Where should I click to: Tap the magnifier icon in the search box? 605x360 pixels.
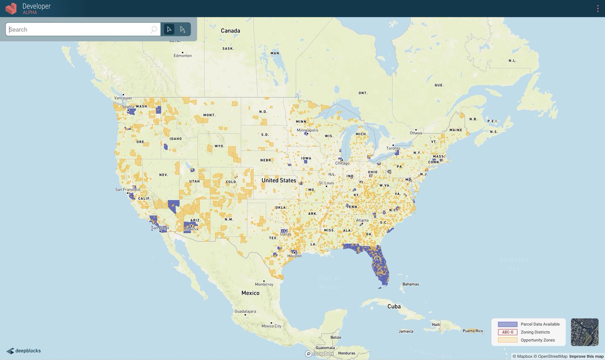[x=154, y=30]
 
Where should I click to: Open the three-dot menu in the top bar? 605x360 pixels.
[x=597, y=9]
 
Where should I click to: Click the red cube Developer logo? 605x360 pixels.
[x=11, y=9]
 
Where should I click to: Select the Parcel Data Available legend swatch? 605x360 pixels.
[x=508, y=324]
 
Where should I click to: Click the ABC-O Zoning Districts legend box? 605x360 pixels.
[x=508, y=332]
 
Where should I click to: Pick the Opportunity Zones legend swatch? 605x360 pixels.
[x=508, y=340]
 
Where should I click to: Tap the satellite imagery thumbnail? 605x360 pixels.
[x=584, y=332]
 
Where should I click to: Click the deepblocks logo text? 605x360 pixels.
[x=28, y=351]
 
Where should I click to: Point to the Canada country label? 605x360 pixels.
[x=230, y=31]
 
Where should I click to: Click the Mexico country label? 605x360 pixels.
[x=250, y=293]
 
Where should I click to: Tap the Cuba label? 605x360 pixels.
[x=394, y=306]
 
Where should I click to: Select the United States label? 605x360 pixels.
[x=279, y=181]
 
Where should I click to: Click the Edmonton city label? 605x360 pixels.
[x=183, y=55]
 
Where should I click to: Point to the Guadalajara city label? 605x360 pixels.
[x=245, y=312]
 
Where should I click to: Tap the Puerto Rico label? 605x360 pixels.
[x=472, y=331]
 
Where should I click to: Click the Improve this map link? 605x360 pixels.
[x=586, y=356]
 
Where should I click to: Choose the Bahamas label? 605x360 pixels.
[x=410, y=284]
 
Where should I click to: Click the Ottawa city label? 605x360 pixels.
[x=416, y=133]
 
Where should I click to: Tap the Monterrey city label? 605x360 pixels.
[x=264, y=284]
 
